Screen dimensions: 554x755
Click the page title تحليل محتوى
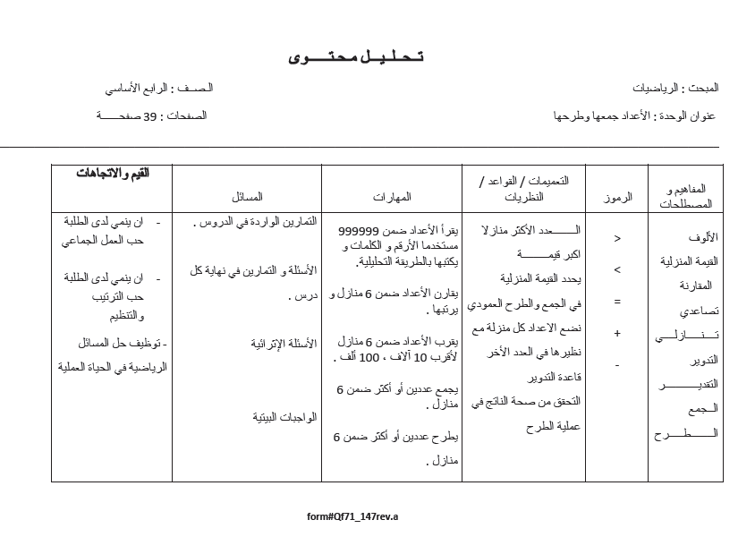click(356, 57)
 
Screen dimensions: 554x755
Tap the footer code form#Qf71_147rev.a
click(352, 516)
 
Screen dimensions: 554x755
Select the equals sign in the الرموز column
click(616, 302)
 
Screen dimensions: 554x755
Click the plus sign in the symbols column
click(616, 333)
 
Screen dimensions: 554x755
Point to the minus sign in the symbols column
click(616, 365)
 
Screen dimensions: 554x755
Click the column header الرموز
click(616, 198)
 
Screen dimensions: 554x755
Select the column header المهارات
click(392, 196)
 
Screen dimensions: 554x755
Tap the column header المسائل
click(247, 196)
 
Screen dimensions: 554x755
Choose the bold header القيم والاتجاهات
click(113, 173)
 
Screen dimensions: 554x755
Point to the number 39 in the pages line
click(150, 116)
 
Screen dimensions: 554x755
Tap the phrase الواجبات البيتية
click(284, 417)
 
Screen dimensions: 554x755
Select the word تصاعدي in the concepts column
click(698, 311)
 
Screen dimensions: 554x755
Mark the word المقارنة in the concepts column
click(697, 286)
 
